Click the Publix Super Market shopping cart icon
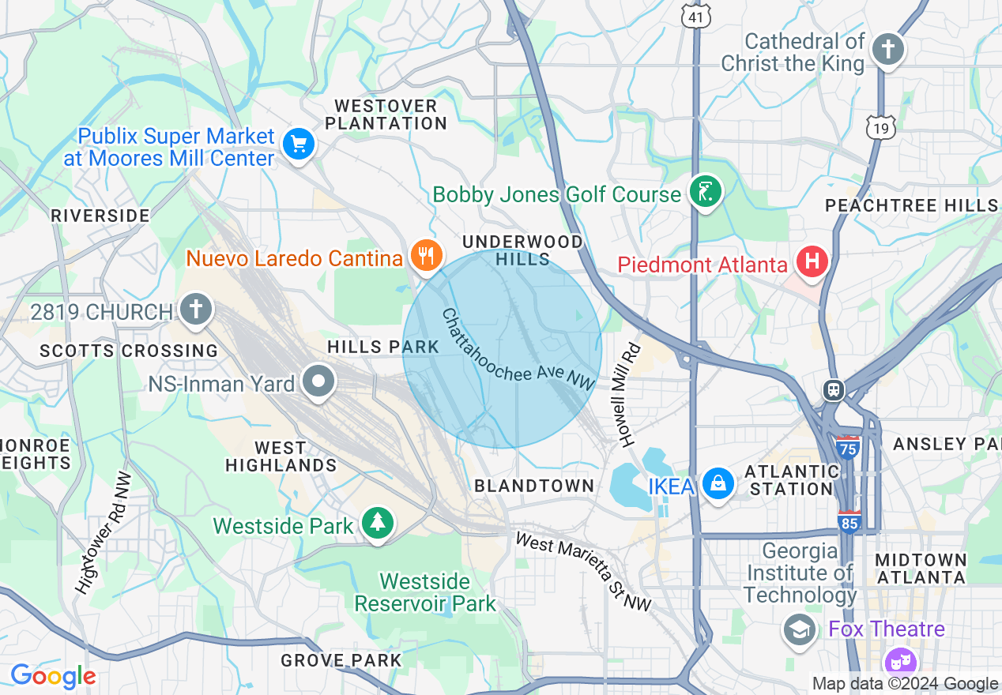[x=299, y=144]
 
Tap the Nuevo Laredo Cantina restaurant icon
[x=426, y=255]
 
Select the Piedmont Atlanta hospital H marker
[x=812, y=261]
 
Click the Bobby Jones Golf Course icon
[x=705, y=192]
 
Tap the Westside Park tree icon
[x=379, y=523]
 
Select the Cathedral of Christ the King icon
[x=887, y=50]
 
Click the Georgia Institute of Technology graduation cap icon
[x=800, y=629]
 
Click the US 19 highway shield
[x=880, y=126]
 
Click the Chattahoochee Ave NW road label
[x=517, y=350]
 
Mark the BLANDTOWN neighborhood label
[x=534, y=486]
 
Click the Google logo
[x=52, y=676]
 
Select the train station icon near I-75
[x=833, y=389]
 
